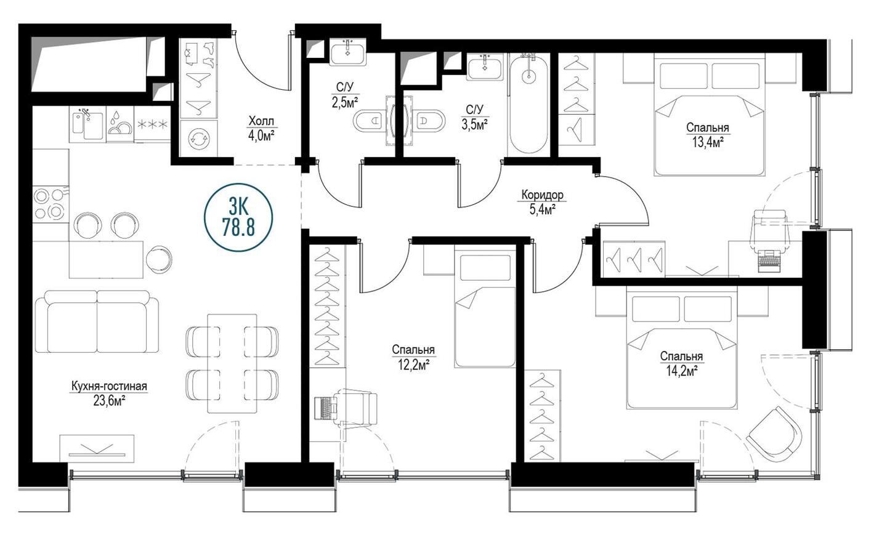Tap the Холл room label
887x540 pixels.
[261, 121]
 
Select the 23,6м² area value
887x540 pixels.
[109, 401]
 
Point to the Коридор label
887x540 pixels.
[542, 195]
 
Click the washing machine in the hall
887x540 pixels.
[198, 139]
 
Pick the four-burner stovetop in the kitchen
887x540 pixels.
[51, 204]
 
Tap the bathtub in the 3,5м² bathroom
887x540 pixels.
[529, 105]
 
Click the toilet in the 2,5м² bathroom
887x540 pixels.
[369, 121]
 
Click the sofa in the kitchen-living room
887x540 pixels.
[97, 321]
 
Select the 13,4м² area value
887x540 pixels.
[707, 142]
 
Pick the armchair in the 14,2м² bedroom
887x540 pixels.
[774, 435]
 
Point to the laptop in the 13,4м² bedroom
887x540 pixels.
[769, 261]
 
